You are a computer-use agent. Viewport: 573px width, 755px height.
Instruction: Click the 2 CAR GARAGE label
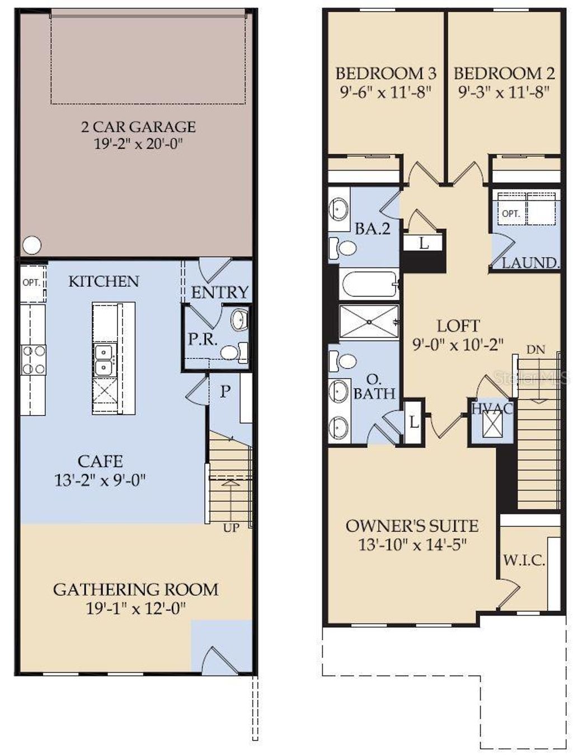[x=138, y=127]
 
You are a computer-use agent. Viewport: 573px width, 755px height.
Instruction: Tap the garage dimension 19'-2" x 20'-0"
[x=138, y=144]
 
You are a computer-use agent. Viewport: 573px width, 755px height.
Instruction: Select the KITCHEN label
[x=104, y=281]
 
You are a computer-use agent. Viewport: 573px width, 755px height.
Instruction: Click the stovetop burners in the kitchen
[x=33, y=360]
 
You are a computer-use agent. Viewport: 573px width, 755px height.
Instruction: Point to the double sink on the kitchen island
[x=104, y=361]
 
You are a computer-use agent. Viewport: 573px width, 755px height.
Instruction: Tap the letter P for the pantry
[x=225, y=391]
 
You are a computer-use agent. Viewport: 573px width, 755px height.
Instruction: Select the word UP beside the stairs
[x=231, y=527]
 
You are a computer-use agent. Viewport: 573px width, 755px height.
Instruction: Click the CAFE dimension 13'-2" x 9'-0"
[x=100, y=480]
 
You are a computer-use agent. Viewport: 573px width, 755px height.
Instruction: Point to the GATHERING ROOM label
[x=135, y=589]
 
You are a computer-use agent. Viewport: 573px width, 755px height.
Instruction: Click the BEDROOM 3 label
[x=386, y=73]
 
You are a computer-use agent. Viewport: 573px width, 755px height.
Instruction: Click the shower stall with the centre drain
[x=369, y=322]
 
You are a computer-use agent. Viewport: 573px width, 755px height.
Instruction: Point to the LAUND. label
[x=530, y=263]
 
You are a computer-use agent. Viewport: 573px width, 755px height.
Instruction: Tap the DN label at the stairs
[x=536, y=350]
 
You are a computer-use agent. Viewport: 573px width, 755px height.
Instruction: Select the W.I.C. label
[x=524, y=560]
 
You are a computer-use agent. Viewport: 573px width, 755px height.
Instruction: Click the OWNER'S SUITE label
[x=412, y=526]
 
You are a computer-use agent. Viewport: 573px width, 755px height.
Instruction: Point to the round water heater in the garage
[x=32, y=245]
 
